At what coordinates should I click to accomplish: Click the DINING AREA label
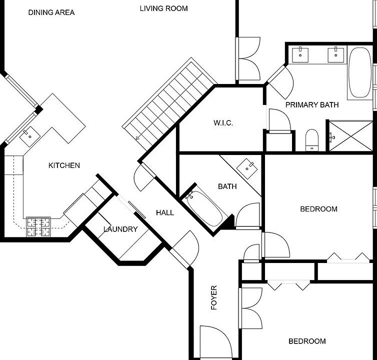pyautogui.click(x=51, y=12)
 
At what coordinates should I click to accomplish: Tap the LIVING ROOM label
pyautogui.click(x=163, y=8)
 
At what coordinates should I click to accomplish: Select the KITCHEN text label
pyautogui.click(x=64, y=165)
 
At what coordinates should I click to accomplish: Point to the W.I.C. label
pyautogui.click(x=223, y=123)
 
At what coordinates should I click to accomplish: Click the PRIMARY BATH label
pyautogui.click(x=312, y=105)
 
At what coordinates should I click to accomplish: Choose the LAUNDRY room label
pyautogui.click(x=120, y=229)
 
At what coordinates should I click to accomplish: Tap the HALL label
pyautogui.click(x=165, y=212)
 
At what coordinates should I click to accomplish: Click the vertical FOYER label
pyautogui.click(x=213, y=297)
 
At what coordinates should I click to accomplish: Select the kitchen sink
pyautogui.click(x=30, y=136)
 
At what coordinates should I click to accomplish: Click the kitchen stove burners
pyautogui.click(x=38, y=227)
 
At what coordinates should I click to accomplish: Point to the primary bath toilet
pyautogui.click(x=312, y=140)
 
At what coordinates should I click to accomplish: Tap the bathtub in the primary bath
pyautogui.click(x=360, y=72)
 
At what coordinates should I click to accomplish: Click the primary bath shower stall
pyautogui.click(x=351, y=136)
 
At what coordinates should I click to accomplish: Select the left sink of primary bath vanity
pyautogui.click(x=300, y=55)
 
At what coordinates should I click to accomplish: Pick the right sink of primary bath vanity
pyautogui.click(x=336, y=55)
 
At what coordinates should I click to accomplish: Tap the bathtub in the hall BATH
pyautogui.click(x=204, y=208)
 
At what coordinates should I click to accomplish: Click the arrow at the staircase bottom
pyautogui.click(x=138, y=137)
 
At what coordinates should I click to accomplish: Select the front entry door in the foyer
pyautogui.click(x=216, y=341)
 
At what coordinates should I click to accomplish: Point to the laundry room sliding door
pyautogui.click(x=137, y=209)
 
